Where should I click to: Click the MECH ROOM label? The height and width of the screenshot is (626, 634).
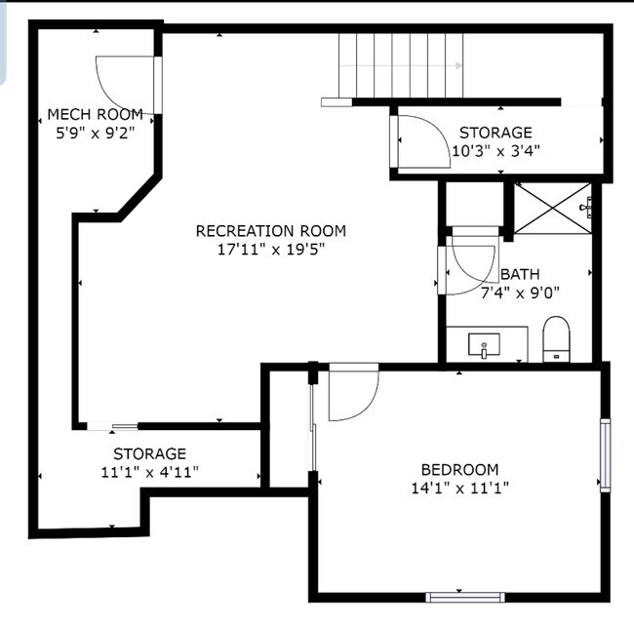(96, 114)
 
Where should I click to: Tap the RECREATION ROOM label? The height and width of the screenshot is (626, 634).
(270, 231)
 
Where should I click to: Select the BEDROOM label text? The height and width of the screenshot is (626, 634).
(459, 469)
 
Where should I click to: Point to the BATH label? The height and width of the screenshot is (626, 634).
(520, 275)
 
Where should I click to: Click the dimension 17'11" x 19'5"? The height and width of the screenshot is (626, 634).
(270, 250)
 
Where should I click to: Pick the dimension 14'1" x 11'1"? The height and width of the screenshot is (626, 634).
(459, 488)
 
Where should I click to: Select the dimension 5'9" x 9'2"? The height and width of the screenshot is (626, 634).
(96, 132)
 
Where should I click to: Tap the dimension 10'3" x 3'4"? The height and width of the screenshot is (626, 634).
(495, 150)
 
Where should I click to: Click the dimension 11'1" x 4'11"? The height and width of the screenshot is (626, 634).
(149, 472)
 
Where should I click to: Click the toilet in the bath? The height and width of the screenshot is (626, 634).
(556, 338)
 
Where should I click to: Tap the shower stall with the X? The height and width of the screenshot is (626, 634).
(552, 208)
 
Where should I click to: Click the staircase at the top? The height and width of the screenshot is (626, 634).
(400, 65)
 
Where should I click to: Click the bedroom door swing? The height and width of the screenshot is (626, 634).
(351, 395)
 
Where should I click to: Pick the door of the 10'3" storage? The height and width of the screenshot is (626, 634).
(418, 140)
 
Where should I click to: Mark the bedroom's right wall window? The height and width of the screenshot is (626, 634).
(605, 454)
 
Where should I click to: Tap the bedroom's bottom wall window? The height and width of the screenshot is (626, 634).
(465, 595)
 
